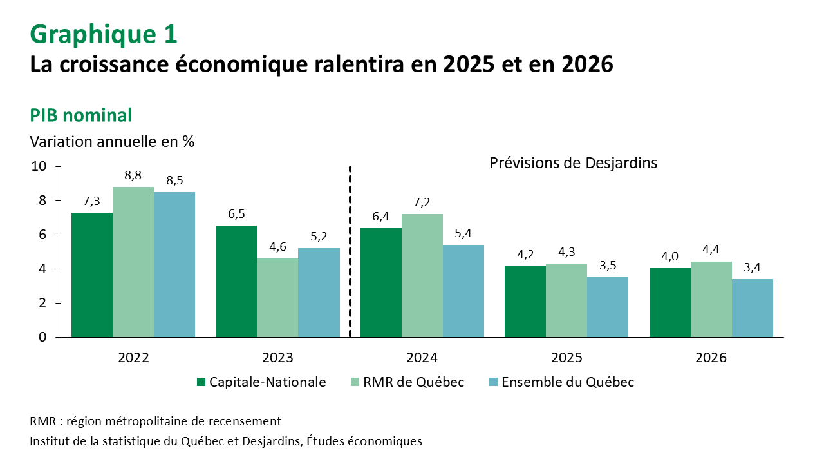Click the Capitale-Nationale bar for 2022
92,275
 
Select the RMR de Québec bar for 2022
133,262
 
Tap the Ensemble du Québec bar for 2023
319,293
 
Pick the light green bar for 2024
422,275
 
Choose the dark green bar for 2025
525,301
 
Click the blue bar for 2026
752,308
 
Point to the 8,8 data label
133,175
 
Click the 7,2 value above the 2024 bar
422,202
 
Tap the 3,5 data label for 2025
608,266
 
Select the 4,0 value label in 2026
669,256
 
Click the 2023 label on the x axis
278,358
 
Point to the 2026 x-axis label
711,358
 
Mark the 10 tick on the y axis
39,166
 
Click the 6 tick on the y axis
42,235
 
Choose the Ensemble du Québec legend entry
562,382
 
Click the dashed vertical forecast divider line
350,251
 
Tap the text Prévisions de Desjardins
573,163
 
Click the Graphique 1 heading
104,34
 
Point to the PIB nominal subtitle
81,115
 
